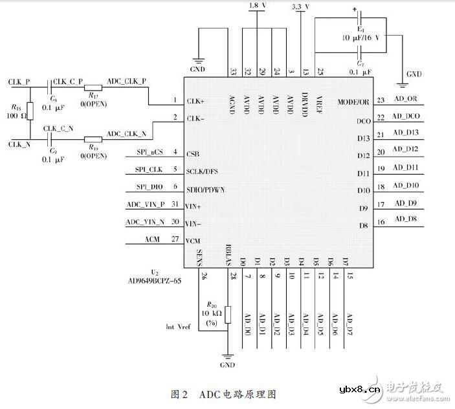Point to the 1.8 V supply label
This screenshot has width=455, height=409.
[258, 5]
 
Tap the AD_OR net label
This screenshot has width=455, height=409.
[407, 99]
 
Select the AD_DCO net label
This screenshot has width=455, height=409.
[409, 117]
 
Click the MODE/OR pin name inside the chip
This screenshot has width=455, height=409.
[353, 102]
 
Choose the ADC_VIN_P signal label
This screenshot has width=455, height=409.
[146, 204]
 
